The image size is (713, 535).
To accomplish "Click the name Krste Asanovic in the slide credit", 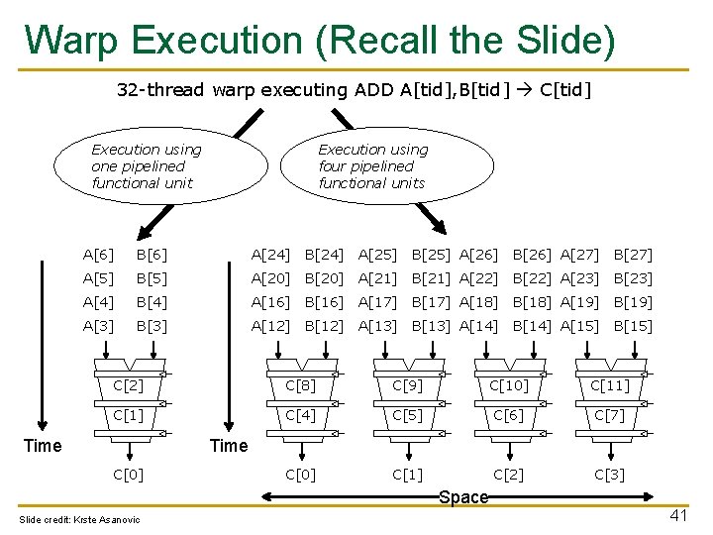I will coord(108,520).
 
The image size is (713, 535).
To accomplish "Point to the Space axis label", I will coord(463,497).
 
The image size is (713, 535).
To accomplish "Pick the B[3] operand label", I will coord(152,326).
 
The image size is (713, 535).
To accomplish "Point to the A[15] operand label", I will coord(579,326).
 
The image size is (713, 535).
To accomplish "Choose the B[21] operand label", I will coord(431,278).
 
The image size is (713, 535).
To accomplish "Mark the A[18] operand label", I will coord(478,302).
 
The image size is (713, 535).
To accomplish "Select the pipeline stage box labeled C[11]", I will coord(609,385).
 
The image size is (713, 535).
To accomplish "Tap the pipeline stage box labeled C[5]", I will coord(407,415).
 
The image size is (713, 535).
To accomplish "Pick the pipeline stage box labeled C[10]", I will coord(509,385).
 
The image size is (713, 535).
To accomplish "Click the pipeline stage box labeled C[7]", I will coord(609,415).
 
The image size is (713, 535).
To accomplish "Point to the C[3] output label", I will coord(609,475).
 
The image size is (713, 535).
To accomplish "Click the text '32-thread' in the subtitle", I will coord(159,90).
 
